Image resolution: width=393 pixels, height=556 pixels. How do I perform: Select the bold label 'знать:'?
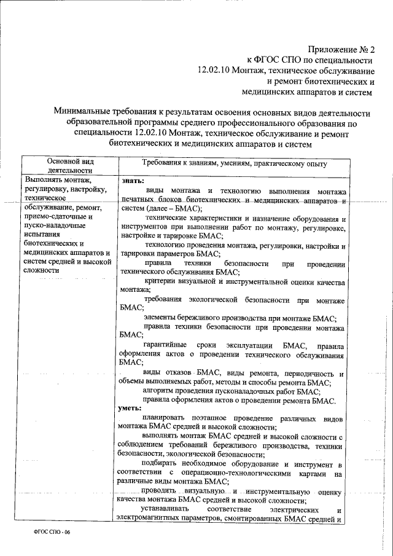coord(133,181)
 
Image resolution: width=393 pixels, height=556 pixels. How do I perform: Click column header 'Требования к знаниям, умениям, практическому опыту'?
coord(234,164)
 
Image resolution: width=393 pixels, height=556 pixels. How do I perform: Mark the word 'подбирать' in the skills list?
coord(161,463)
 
